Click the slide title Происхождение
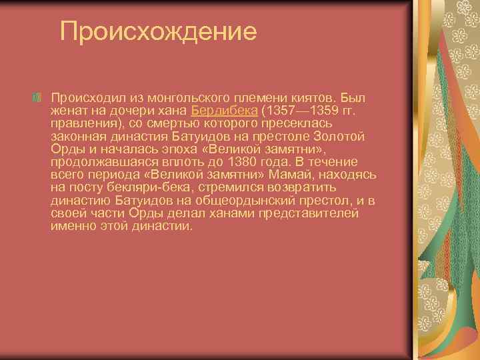[158, 31]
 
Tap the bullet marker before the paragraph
[37, 98]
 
